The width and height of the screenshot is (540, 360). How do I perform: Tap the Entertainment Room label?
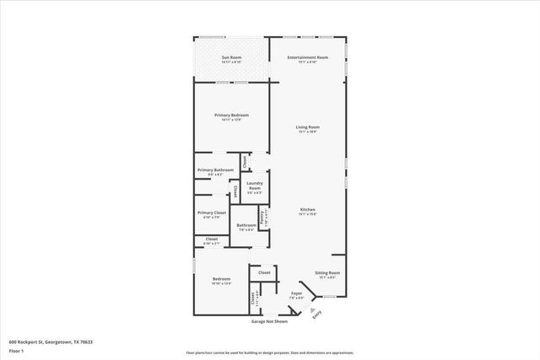tap(307, 57)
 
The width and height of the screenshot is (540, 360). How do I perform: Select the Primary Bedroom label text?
tap(231, 115)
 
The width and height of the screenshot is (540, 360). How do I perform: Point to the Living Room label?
tap(307, 127)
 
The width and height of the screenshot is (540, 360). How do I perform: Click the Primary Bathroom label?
tap(215, 169)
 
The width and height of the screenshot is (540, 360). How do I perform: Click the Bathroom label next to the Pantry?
tap(246, 225)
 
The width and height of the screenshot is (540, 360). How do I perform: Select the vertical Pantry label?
tap(262, 218)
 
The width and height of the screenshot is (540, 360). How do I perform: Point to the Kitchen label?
tap(308, 210)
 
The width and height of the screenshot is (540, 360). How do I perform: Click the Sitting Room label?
tap(327, 273)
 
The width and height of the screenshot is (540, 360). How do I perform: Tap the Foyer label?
tap(296, 293)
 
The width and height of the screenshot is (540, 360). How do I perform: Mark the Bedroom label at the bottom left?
tap(221, 279)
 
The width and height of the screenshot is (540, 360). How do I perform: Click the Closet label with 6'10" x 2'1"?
tap(211, 239)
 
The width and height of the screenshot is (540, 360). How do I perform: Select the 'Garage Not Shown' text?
tap(269, 321)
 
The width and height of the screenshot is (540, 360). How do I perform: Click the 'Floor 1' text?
tap(16, 350)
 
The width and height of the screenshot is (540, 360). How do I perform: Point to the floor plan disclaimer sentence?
tap(269, 352)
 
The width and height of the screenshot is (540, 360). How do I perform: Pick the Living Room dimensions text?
tap(307, 132)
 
